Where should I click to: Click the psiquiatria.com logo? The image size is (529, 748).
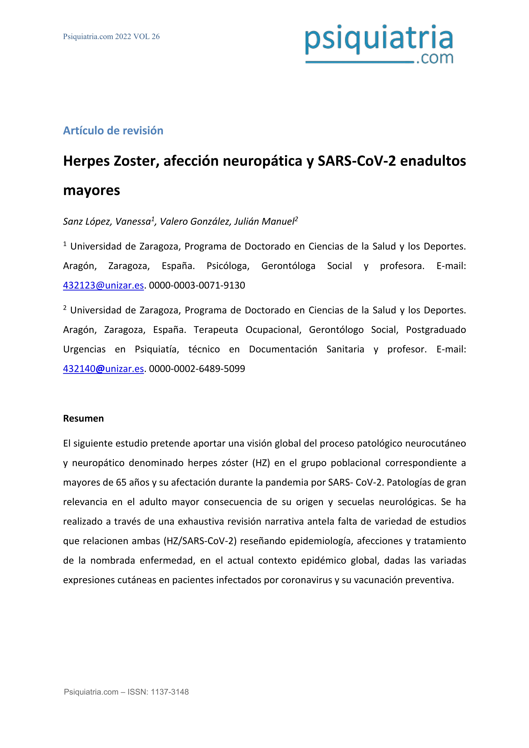click(379, 44)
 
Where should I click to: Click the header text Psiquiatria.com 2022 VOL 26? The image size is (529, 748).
click(111, 36)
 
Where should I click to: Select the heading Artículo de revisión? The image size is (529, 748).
click(113, 131)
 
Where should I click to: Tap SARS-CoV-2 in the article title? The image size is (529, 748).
click(357, 161)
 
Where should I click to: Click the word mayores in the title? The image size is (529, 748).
click(91, 190)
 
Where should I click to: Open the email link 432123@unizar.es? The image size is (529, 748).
click(103, 285)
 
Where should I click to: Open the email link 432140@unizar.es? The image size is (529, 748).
click(103, 369)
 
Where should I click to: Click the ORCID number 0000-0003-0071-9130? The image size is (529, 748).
click(197, 285)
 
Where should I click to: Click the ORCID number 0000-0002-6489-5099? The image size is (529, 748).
click(197, 369)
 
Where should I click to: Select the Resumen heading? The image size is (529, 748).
click(83, 418)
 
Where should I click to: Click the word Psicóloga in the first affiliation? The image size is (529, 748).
click(228, 266)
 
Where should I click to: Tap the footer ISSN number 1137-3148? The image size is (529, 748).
click(170, 692)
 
